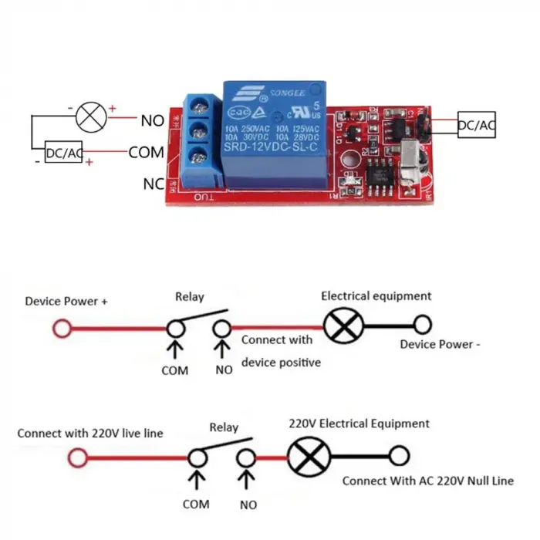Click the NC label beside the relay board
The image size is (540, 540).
[x=153, y=184]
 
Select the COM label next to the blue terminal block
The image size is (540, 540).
[x=146, y=152]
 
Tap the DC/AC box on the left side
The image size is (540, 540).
[x=63, y=153]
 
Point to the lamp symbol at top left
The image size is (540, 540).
[x=89, y=116]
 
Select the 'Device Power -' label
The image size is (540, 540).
[x=439, y=344]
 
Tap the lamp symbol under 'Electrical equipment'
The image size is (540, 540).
[x=338, y=326]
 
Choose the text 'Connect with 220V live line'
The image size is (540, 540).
[x=90, y=433]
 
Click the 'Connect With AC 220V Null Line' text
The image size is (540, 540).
[x=427, y=481]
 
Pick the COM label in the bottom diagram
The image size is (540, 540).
[x=195, y=504]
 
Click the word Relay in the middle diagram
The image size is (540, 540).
[x=189, y=296]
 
